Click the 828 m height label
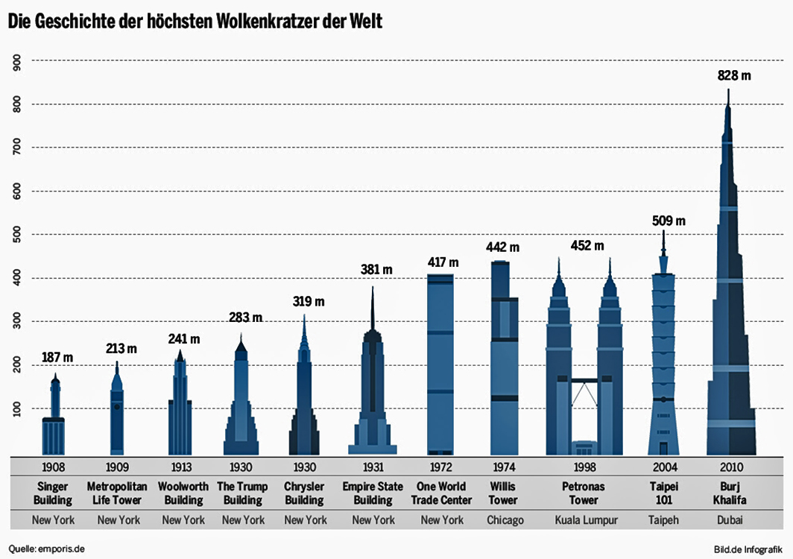coord(733,75)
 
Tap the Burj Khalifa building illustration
coord(730,313)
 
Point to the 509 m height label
coord(668,221)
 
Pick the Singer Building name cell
coord(53,493)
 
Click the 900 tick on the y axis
coord(17,62)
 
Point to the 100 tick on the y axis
coord(17,409)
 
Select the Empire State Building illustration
coord(372,388)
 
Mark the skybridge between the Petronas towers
coord(584,382)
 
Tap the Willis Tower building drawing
coord(505,358)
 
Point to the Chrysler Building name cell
coord(304,493)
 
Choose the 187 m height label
coord(58,358)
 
